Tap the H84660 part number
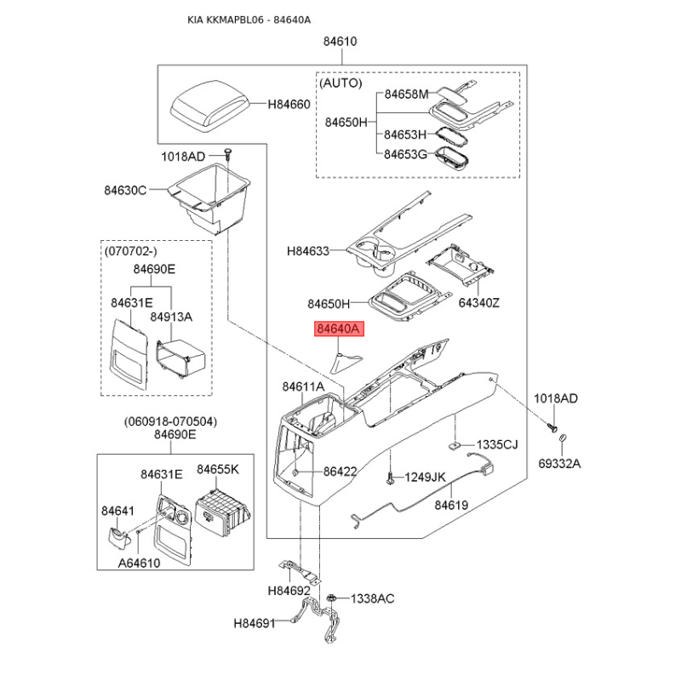click(289, 105)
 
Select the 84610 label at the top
click(340, 42)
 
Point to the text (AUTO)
click(340, 83)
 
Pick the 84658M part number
click(406, 94)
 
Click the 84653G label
click(404, 154)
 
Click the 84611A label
click(303, 387)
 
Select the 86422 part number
click(339, 471)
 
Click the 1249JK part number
click(425, 478)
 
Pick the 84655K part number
click(218, 469)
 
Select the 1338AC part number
click(373, 599)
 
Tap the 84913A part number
click(171, 317)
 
